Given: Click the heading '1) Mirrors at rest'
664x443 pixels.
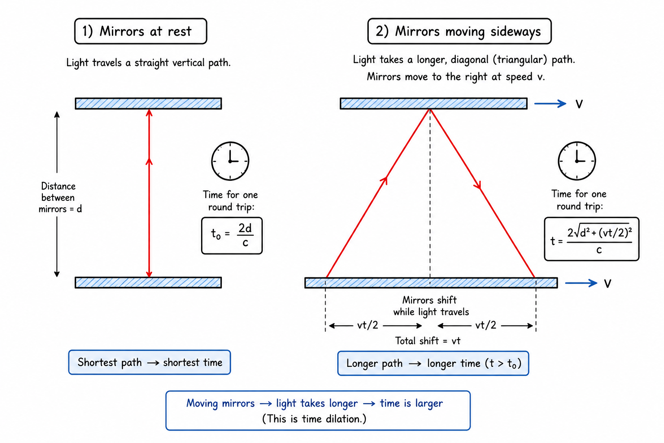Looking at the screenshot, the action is click(140, 31).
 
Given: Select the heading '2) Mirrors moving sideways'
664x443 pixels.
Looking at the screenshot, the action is click(460, 31).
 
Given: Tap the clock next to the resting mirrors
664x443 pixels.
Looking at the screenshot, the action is click(230, 161).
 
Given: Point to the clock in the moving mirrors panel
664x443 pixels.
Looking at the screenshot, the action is click(577, 161).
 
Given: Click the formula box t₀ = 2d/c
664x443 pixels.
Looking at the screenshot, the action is click(232, 236).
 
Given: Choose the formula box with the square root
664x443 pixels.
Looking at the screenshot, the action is click(592, 239).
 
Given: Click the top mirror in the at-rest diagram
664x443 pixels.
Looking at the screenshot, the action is click(148, 103).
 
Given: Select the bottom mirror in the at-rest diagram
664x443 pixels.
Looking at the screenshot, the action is click(148, 282).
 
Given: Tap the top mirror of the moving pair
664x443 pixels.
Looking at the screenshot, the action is click(434, 103).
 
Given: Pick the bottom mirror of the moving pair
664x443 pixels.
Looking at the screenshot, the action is click(431, 283).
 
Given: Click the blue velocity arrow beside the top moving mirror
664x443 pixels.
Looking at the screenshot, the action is click(550, 103).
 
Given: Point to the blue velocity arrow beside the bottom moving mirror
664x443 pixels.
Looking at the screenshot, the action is click(581, 283).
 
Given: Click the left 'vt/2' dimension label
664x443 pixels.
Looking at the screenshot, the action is click(367, 325).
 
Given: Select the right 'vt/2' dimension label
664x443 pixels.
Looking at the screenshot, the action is click(485, 325).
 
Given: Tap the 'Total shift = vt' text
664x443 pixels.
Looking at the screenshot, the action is click(428, 340).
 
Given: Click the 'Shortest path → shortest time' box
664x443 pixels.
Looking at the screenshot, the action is click(150, 362).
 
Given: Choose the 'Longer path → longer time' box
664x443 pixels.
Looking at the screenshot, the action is click(433, 363).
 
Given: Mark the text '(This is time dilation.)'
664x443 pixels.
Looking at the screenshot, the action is click(314, 419).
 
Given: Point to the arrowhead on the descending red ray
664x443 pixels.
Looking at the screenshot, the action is click(477, 185).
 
